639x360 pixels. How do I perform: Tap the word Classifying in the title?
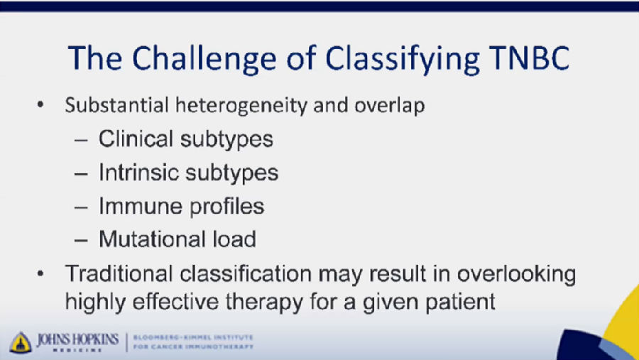(403, 60)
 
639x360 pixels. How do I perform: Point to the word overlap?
(389, 106)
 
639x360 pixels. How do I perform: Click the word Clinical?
(136, 138)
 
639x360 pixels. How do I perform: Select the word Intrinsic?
(138, 172)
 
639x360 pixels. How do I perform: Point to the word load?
(234, 239)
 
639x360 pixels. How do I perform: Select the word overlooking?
(516, 274)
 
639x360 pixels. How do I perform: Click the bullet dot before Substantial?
(40, 105)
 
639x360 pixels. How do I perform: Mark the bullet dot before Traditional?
(40, 273)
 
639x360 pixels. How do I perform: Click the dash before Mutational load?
(81, 240)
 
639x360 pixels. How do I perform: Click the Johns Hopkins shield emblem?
(21, 342)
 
